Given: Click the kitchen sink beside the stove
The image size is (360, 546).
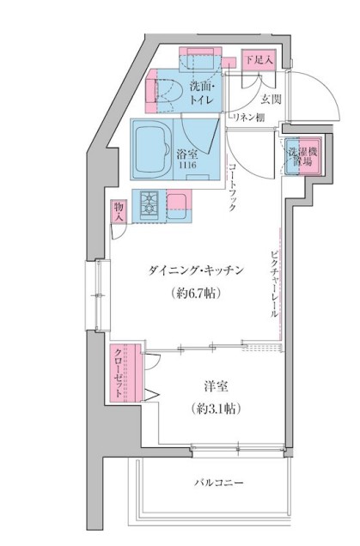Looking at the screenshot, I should click(x=179, y=203).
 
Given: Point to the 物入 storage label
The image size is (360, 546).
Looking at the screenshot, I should click(x=119, y=211).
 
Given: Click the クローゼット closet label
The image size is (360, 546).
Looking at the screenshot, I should click(x=119, y=371).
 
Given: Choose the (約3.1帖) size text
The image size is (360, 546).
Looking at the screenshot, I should click(x=216, y=409).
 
